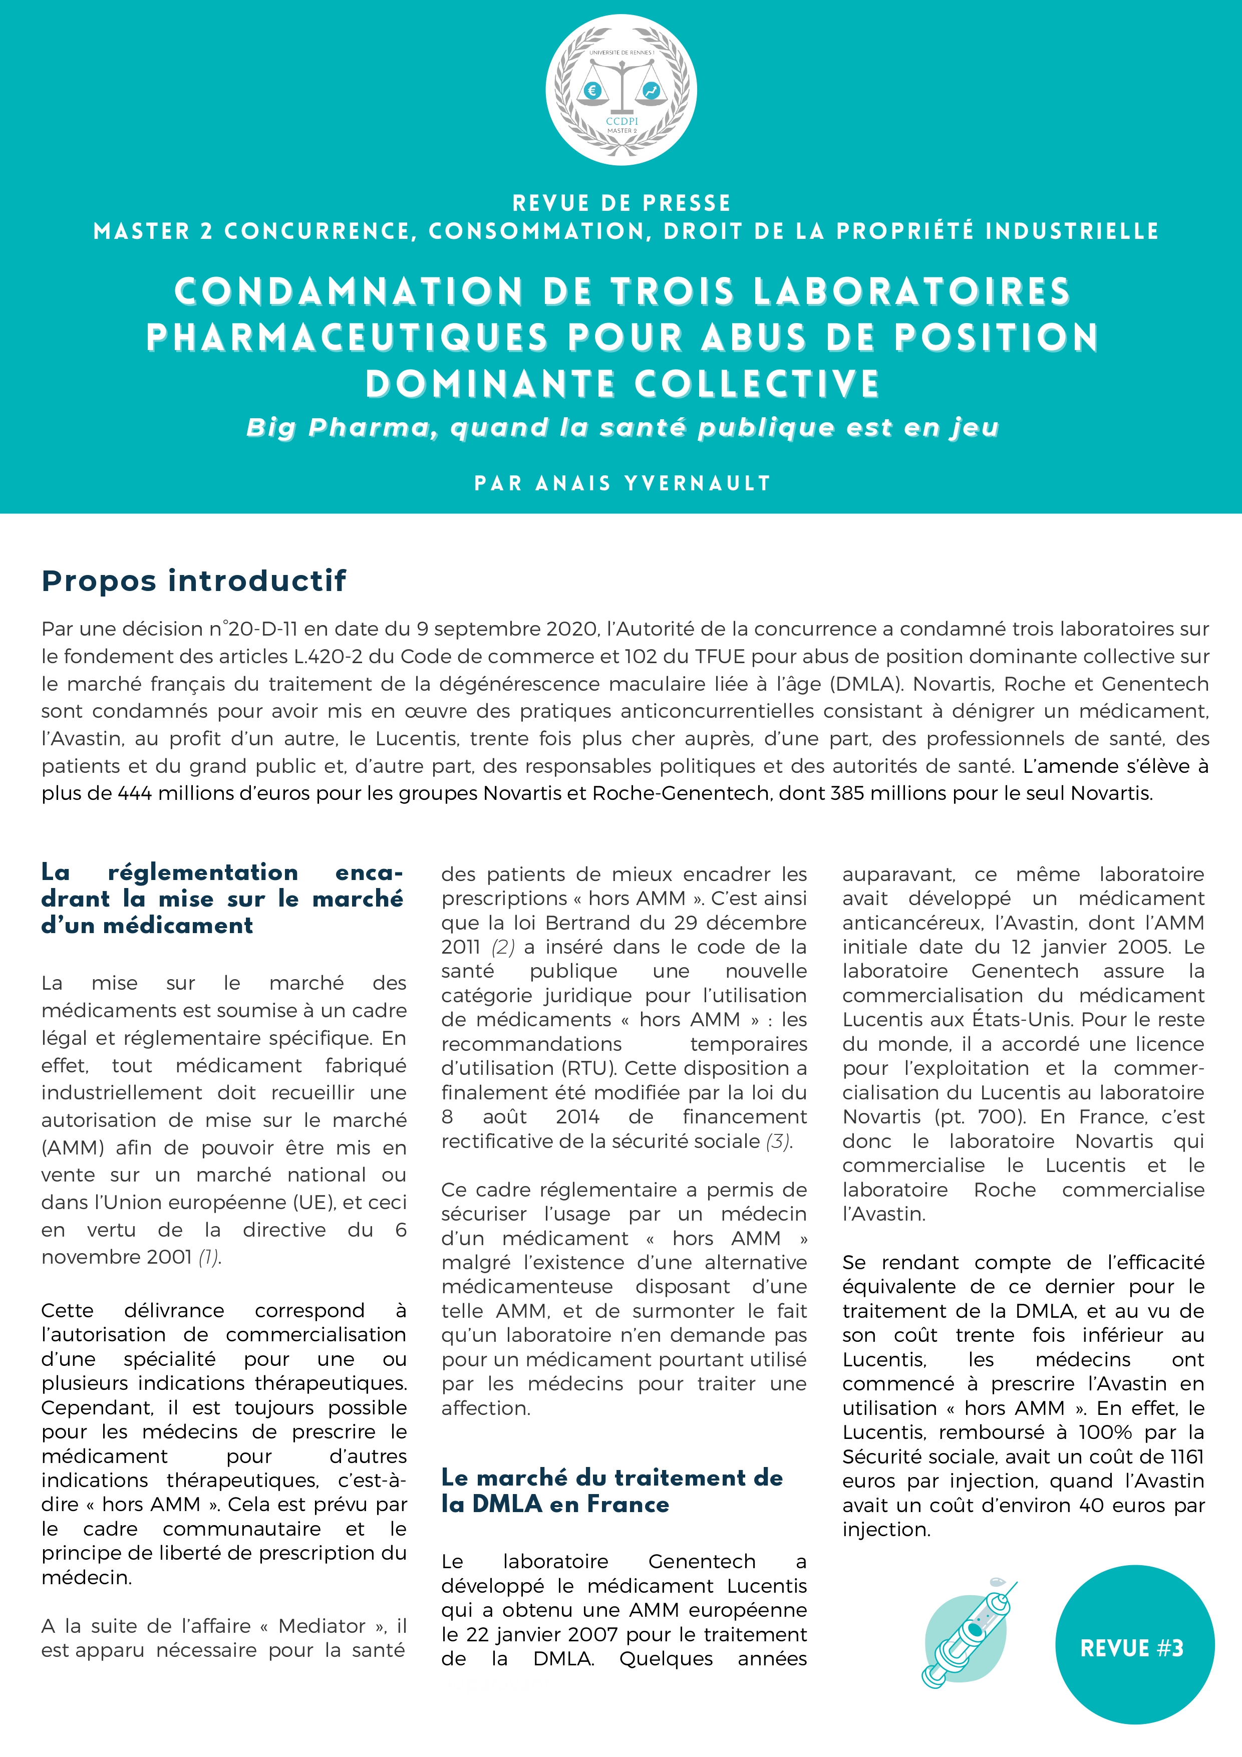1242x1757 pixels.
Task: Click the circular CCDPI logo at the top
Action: click(620, 90)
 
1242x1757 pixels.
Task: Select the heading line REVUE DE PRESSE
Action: click(620, 203)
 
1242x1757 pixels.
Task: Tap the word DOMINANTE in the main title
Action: click(494, 383)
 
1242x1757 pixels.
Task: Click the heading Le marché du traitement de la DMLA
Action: click(611, 1491)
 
